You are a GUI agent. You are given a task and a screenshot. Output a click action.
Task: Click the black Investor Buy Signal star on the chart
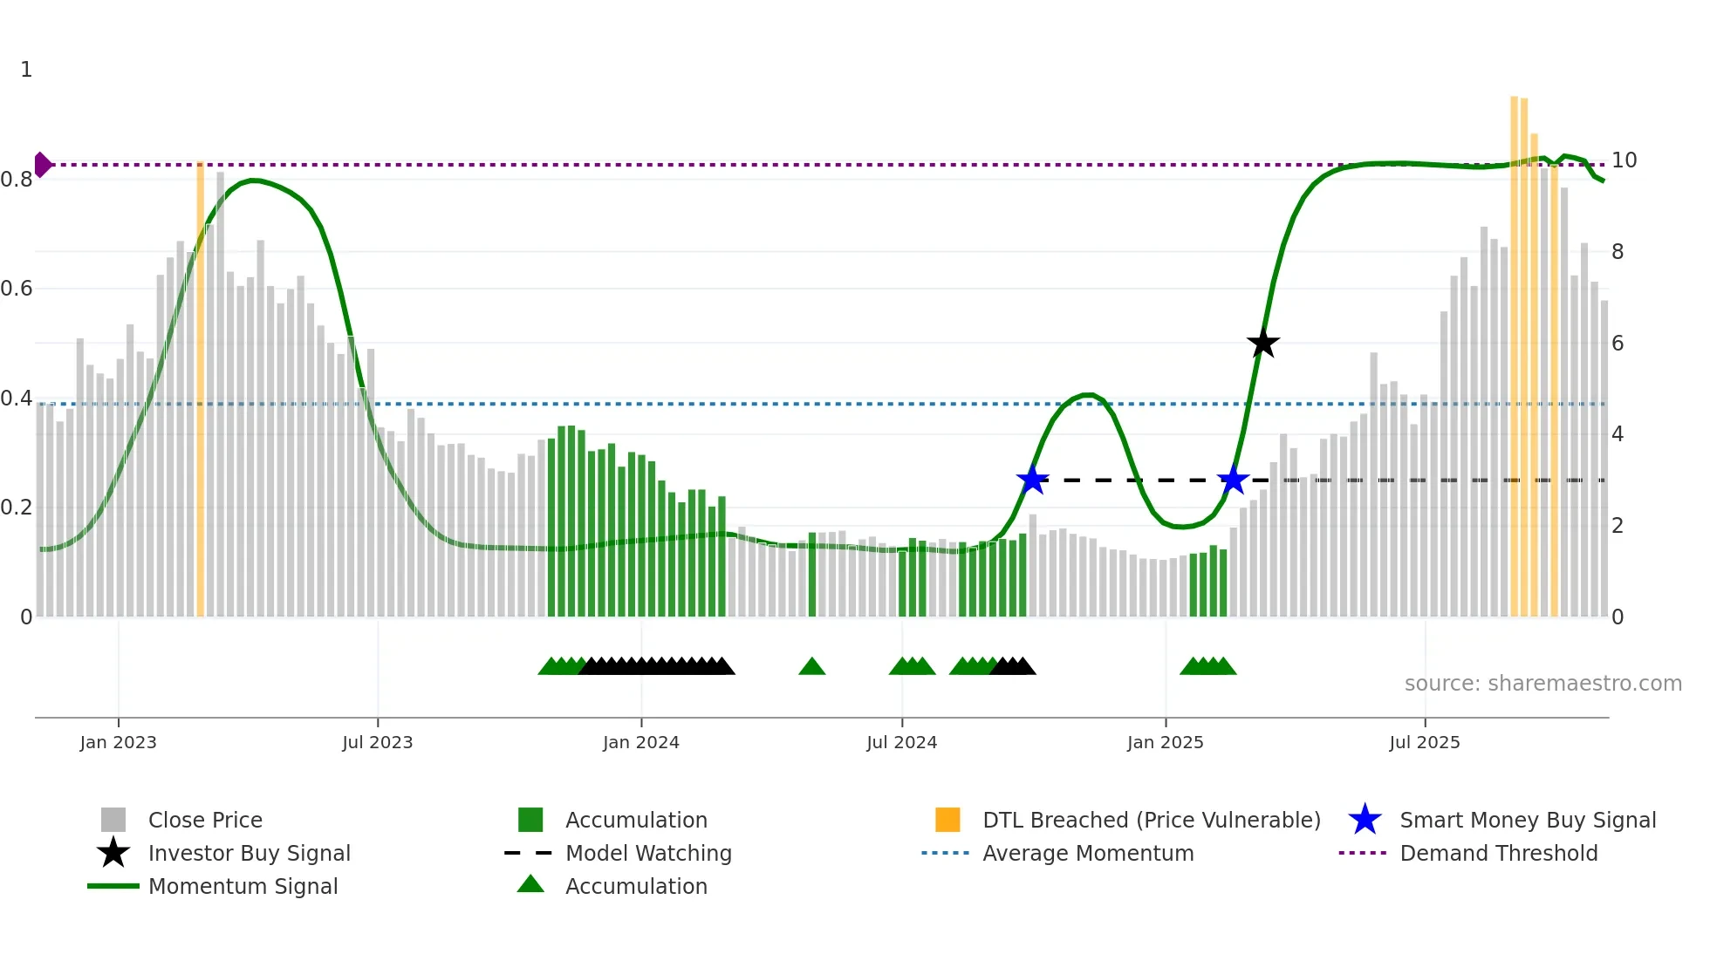pyautogui.click(x=1262, y=344)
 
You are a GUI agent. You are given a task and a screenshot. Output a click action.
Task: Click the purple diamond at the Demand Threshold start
pyautogui.click(x=42, y=164)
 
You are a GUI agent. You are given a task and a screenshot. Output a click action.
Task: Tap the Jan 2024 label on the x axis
pyautogui.click(x=640, y=742)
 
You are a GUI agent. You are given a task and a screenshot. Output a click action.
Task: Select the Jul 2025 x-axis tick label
pyautogui.click(x=1424, y=742)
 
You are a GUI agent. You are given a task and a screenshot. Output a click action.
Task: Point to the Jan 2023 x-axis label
pyautogui.click(x=118, y=742)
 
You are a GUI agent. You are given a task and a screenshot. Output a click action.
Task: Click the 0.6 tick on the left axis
pyautogui.click(x=17, y=289)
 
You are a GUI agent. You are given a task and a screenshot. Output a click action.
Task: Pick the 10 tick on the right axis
pyautogui.click(x=1624, y=160)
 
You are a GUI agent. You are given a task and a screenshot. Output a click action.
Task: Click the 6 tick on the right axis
pyautogui.click(x=1618, y=344)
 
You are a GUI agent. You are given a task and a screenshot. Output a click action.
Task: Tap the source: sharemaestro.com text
pyautogui.click(x=1542, y=684)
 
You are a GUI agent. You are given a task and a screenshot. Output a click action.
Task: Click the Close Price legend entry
pyautogui.click(x=205, y=820)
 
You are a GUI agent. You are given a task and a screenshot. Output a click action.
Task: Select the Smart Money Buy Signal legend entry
pyautogui.click(x=1528, y=820)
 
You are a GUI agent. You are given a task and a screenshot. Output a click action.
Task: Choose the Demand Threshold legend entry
pyautogui.click(x=1498, y=853)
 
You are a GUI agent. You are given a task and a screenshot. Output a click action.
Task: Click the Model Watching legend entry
pyautogui.click(x=648, y=853)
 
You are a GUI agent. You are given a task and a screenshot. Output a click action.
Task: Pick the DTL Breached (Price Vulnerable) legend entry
pyautogui.click(x=1151, y=820)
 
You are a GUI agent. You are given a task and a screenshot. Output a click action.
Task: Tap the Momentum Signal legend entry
pyautogui.click(x=243, y=886)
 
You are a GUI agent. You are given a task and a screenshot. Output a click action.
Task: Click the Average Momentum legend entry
pyautogui.click(x=1088, y=853)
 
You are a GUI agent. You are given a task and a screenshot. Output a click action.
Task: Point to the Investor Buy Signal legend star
pyautogui.click(x=113, y=853)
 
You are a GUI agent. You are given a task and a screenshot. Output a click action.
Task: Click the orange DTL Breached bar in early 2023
pyautogui.click(x=200, y=392)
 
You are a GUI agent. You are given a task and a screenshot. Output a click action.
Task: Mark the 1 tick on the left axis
pyautogui.click(x=26, y=70)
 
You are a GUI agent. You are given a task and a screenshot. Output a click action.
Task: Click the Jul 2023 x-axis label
pyautogui.click(x=377, y=742)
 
